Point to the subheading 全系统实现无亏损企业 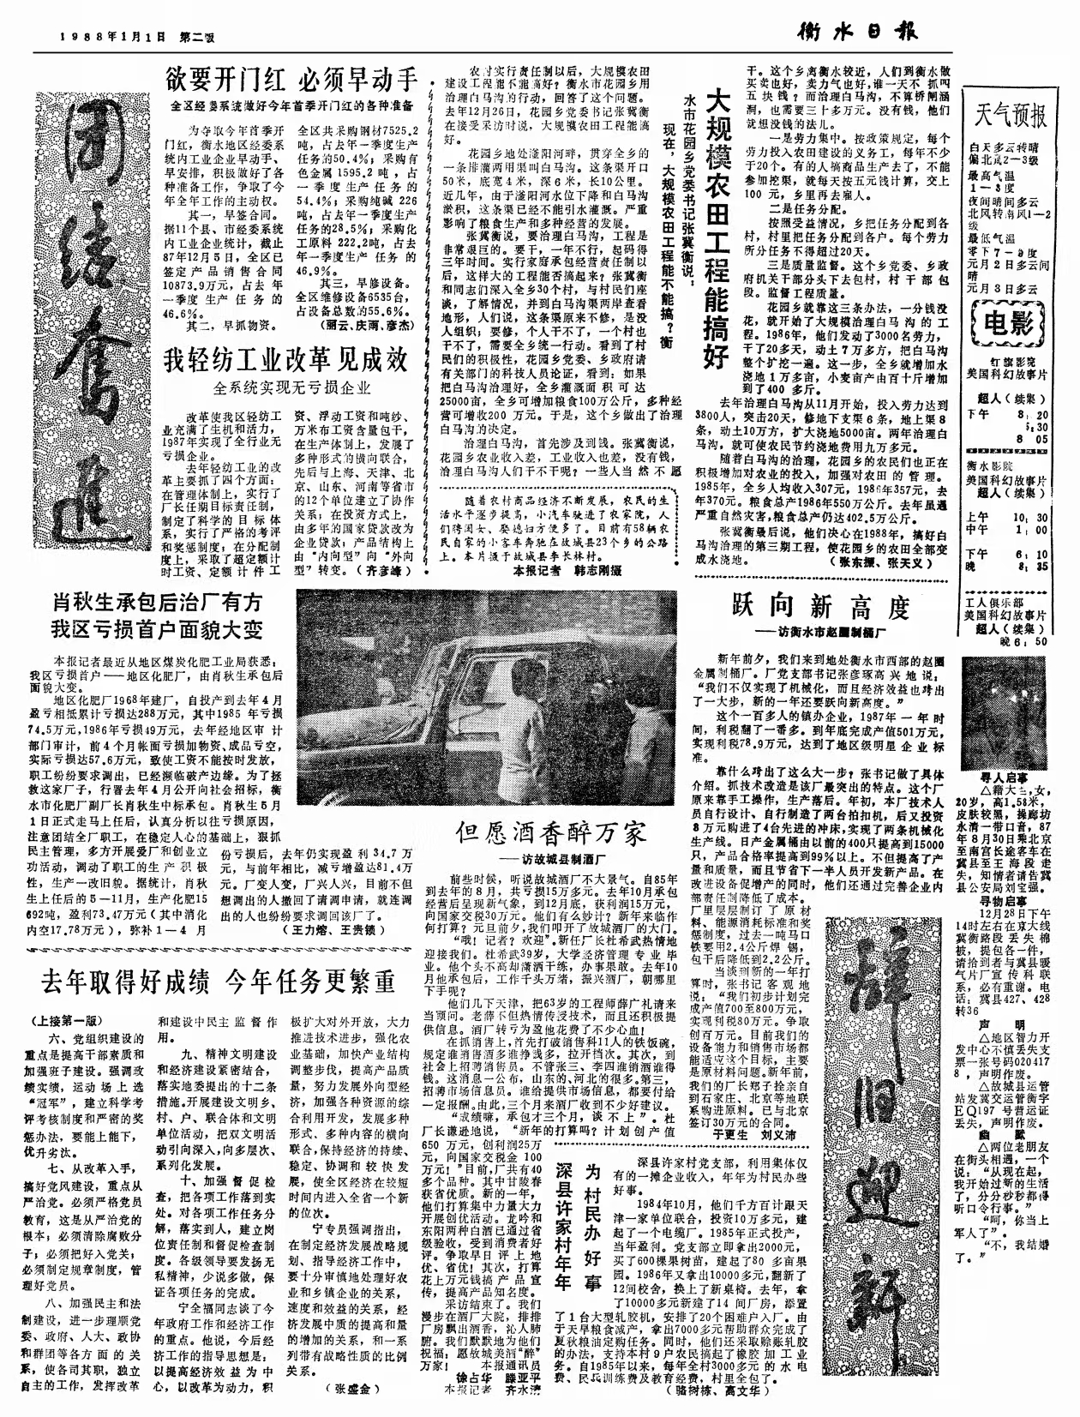coord(292,387)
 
